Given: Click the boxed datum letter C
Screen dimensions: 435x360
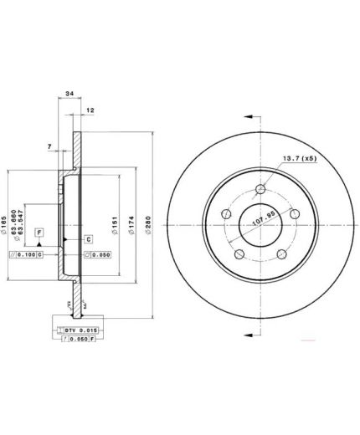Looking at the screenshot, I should click(88, 239).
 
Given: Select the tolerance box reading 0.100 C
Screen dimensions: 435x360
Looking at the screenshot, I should click(26, 254).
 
